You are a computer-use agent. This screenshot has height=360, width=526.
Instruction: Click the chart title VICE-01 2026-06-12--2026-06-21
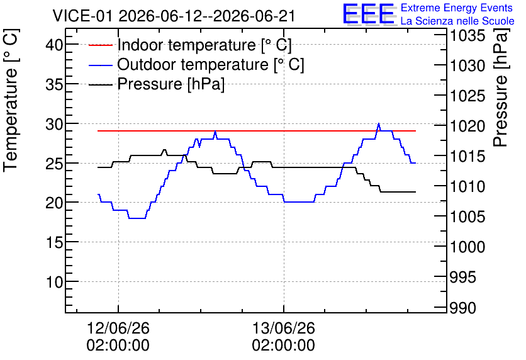point(174,16)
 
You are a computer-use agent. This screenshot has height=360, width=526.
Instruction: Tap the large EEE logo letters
point(369,14)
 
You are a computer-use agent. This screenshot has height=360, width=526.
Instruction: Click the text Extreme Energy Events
point(457,8)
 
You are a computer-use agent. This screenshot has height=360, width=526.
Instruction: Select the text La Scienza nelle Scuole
point(457,21)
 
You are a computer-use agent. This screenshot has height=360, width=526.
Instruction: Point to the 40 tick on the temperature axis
point(54,44)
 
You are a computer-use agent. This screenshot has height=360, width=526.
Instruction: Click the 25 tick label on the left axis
point(54,163)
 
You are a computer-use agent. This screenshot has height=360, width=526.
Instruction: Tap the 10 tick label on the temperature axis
point(54,282)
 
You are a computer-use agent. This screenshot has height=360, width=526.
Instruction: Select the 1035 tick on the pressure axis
point(467,35)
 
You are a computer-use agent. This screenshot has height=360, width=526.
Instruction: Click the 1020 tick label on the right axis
point(467,126)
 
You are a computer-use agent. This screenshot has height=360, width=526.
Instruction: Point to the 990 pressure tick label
point(462,308)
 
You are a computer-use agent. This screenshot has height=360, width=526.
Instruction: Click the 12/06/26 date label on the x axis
point(118,328)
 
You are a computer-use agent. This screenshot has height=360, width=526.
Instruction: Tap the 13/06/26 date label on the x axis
point(284,328)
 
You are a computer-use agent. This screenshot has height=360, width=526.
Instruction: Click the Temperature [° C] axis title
point(11,101)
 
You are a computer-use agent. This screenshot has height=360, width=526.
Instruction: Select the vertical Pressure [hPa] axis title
point(500,88)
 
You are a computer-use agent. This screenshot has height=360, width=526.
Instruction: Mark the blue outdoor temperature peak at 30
point(379,123)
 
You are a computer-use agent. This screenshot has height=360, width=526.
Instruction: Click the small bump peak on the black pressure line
point(164,150)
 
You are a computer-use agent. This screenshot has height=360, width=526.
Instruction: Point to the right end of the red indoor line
point(416,131)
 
